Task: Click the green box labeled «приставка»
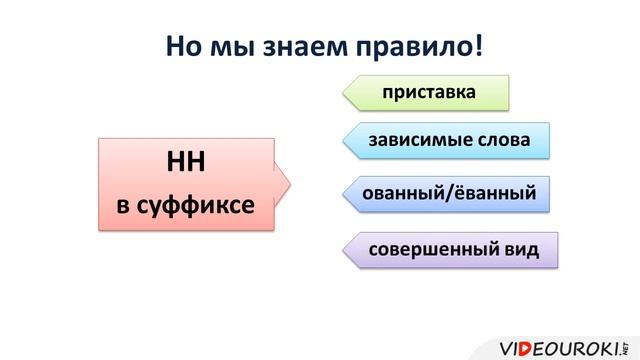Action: [427, 93]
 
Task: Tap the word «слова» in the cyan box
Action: [504, 140]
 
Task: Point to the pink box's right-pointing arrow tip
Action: [291, 183]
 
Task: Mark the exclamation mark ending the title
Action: [478, 47]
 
